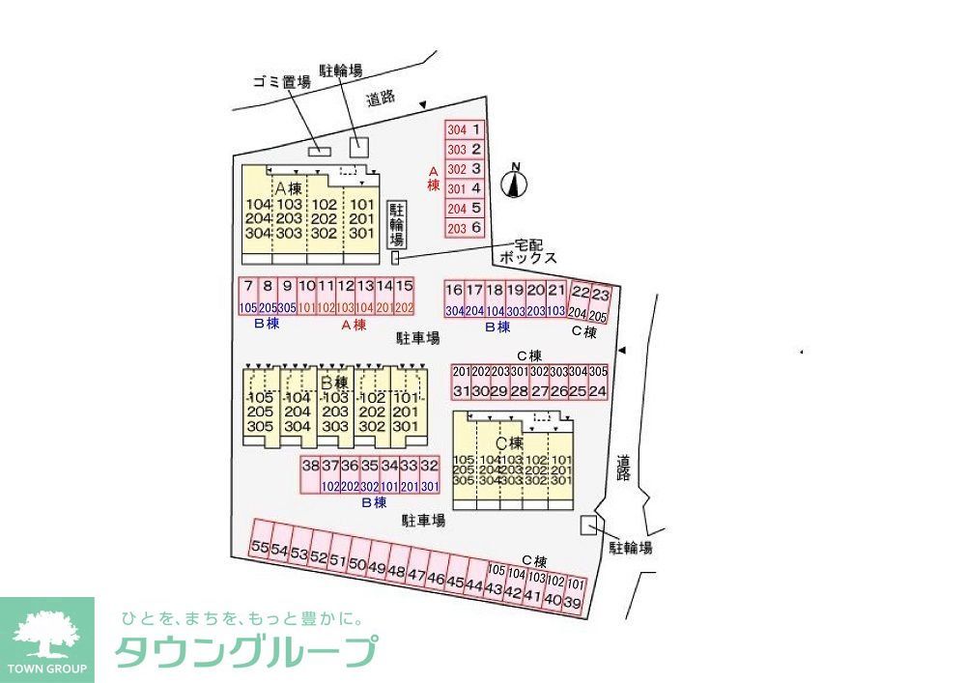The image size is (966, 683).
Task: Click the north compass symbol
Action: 516,181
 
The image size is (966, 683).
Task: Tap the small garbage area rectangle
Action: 319,151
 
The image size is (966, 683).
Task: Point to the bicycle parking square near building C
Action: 587,525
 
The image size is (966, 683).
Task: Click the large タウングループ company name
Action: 245,653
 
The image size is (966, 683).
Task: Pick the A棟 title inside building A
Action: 288,187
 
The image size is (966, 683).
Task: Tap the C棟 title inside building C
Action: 508,442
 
